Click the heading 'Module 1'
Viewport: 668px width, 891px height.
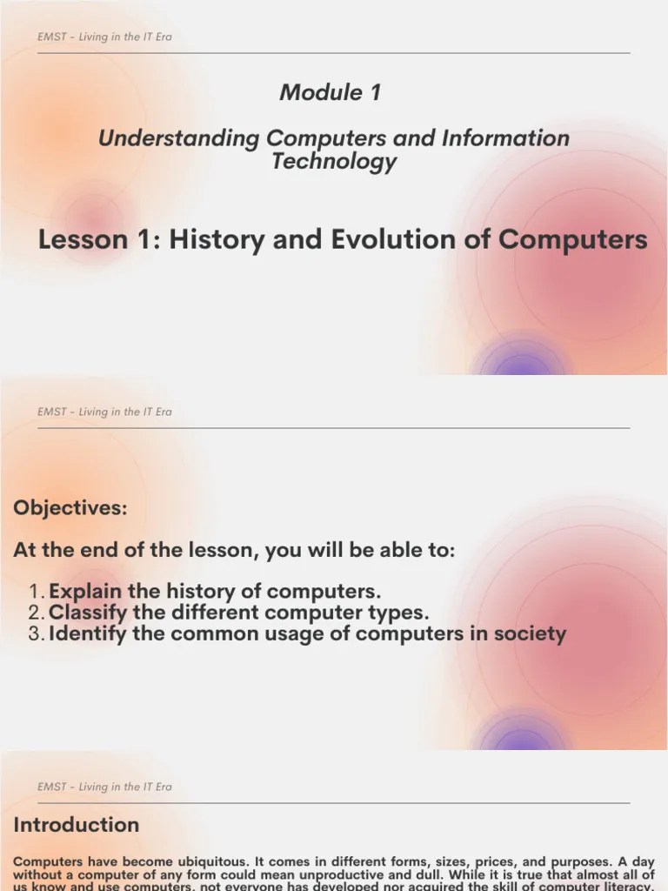(x=331, y=92)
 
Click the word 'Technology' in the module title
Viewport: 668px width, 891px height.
(x=334, y=161)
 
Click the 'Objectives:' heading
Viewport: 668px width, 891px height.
(x=70, y=508)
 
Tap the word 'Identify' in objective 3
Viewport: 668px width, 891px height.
(x=89, y=633)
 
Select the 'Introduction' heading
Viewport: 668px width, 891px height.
(x=77, y=824)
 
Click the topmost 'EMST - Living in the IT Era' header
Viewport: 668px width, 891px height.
(x=104, y=37)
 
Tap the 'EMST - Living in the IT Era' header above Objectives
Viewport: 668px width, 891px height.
(x=104, y=412)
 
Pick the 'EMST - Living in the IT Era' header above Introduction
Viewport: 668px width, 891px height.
(x=104, y=787)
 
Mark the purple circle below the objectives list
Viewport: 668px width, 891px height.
(x=520, y=736)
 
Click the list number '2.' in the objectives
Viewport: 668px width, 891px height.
(x=36, y=612)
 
